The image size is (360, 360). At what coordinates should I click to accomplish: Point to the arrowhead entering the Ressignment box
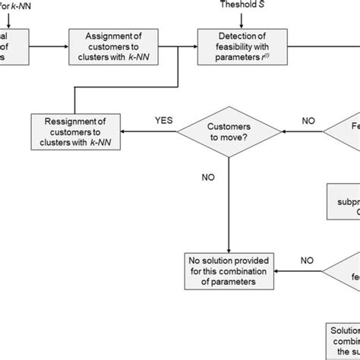click(126, 130)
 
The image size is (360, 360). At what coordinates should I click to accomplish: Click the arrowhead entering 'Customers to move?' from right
click(283, 130)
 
